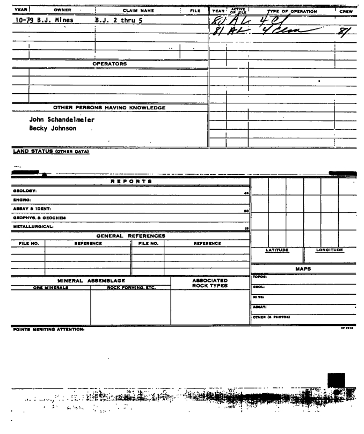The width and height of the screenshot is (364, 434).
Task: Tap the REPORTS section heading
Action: [x=132, y=182]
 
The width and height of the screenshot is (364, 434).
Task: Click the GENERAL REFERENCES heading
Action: [x=130, y=235]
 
